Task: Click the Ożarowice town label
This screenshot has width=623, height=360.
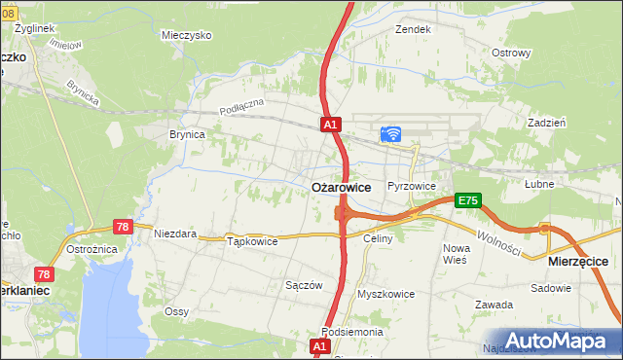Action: (340, 186)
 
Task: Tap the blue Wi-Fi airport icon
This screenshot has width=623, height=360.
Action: (391, 135)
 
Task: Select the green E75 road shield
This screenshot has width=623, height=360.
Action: (468, 200)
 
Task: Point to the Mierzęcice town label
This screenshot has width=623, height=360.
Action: (578, 262)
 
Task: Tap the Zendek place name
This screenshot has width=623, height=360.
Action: (413, 29)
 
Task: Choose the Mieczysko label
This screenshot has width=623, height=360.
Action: (187, 34)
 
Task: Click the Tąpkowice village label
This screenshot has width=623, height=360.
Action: (252, 240)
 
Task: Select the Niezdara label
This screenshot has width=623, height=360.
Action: (175, 234)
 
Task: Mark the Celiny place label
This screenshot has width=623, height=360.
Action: (377, 238)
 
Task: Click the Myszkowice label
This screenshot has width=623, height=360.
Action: (386, 293)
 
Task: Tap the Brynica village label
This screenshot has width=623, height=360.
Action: (187, 135)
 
